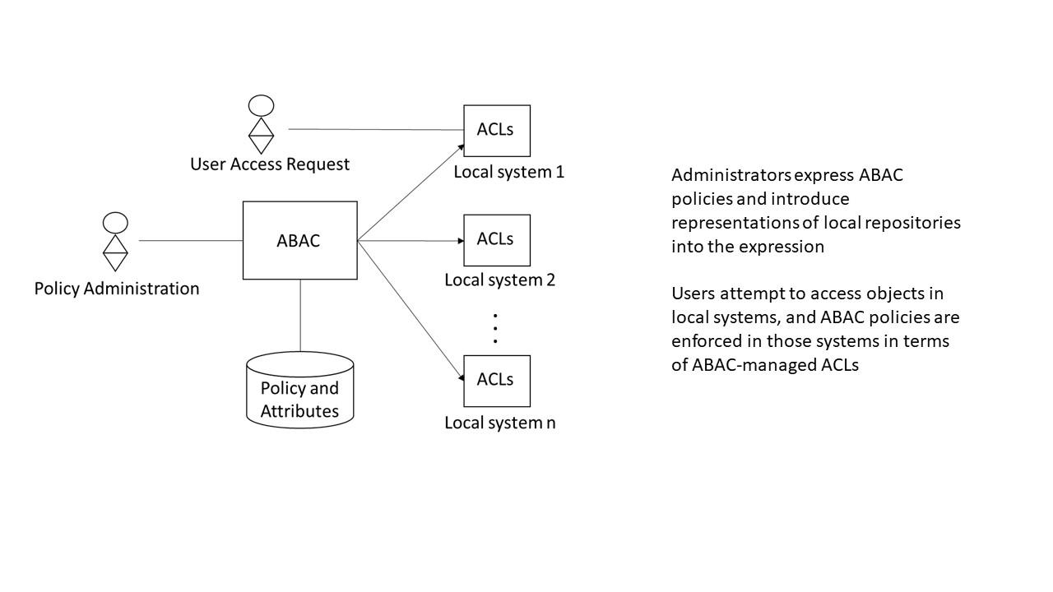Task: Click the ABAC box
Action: pos(299,240)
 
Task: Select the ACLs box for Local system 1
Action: pos(496,130)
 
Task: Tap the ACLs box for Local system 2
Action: pos(496,240)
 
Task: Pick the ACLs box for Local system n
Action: pos(496,381)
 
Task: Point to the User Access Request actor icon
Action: pos(261,125)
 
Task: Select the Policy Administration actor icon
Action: pos(115,242)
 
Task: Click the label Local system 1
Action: pos(508,173)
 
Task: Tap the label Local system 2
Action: pos(499,280)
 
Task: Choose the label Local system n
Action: pos(499,423)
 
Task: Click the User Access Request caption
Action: pos(270,164)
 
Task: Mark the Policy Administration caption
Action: pos(117,289)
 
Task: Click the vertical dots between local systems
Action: pos(495,328)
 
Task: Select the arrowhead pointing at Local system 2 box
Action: pos(460,241)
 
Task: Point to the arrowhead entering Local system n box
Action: pos(460,377)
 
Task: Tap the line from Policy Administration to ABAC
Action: pos(190,241)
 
